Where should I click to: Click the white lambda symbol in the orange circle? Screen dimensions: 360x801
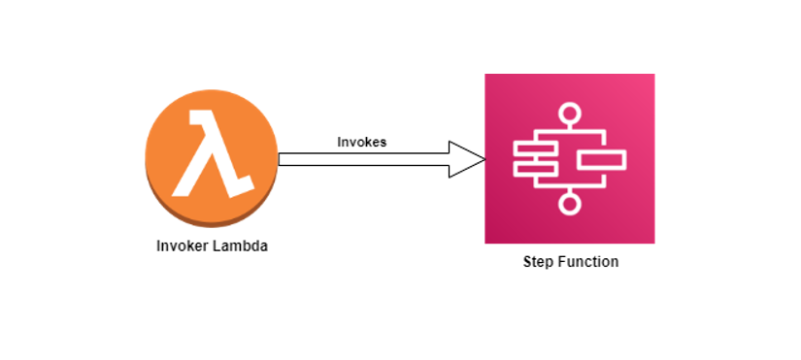click(212, 155)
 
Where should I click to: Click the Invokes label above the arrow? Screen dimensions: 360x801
click(361, 142)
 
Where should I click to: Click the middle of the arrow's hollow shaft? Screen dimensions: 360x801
click(364, 159)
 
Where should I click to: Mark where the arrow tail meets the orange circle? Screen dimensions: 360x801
click(281, 159)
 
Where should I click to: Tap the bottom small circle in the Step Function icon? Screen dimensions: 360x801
click(569, 202)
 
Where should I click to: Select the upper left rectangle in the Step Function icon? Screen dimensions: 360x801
click(534, 148)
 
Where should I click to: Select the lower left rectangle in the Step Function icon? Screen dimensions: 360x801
click(534, 170)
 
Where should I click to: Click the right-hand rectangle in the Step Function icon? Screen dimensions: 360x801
click(603, 159)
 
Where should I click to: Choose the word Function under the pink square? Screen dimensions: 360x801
click(588, 262)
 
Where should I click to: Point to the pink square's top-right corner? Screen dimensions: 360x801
click(652, 76)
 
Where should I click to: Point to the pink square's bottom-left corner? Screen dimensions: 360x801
click(486, 242)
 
